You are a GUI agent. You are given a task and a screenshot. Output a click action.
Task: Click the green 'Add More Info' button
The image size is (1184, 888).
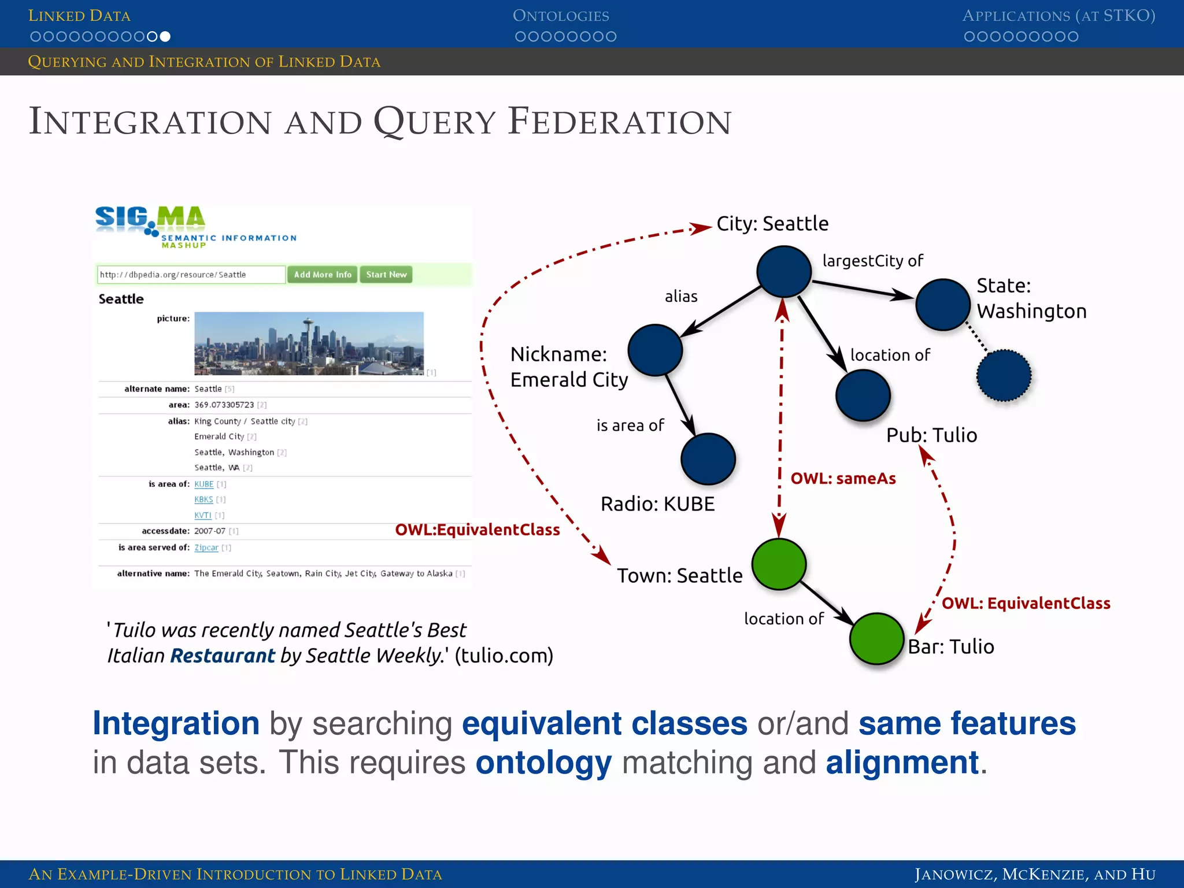(x=322, y=275)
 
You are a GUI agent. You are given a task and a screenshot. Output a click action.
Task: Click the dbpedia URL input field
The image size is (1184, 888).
(x=191, y=275)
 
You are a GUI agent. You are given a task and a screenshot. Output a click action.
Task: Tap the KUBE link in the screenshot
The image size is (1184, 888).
(x=203, y=484)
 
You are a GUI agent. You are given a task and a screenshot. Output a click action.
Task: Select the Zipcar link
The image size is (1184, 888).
(x=206, y=547)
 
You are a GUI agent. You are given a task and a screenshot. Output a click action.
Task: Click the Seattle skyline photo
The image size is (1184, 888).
(x=309, y=343)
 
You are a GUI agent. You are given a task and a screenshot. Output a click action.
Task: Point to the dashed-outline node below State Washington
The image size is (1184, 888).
(x=1004, y=375)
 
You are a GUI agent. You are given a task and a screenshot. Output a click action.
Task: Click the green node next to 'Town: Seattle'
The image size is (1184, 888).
(x=779, y=564)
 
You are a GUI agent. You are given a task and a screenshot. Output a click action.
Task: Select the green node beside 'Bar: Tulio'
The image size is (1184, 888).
(x=876, y=638)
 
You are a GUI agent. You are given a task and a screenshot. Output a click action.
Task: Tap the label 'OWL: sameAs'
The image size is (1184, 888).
(x=843, y=479)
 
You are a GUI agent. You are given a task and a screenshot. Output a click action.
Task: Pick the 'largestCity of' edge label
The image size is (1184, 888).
(x=872, y=261)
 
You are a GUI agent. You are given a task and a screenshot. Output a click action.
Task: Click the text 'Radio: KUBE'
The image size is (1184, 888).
(x=657, y=504)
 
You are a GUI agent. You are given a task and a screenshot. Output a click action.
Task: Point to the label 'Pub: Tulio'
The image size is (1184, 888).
(x=931, y=435)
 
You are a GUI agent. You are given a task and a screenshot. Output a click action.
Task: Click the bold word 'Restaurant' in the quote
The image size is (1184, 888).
(x=223, y=656)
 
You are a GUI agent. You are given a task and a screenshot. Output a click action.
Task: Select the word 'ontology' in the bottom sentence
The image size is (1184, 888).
(x=543, y=763)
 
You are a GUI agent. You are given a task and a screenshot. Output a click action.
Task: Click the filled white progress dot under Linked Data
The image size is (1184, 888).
(x=165, y=36)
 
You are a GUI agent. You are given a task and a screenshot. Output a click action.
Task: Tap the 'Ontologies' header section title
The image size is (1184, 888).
(x=561, y=16)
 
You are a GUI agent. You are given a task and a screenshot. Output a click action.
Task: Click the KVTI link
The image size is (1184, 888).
(x=202, y=515)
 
